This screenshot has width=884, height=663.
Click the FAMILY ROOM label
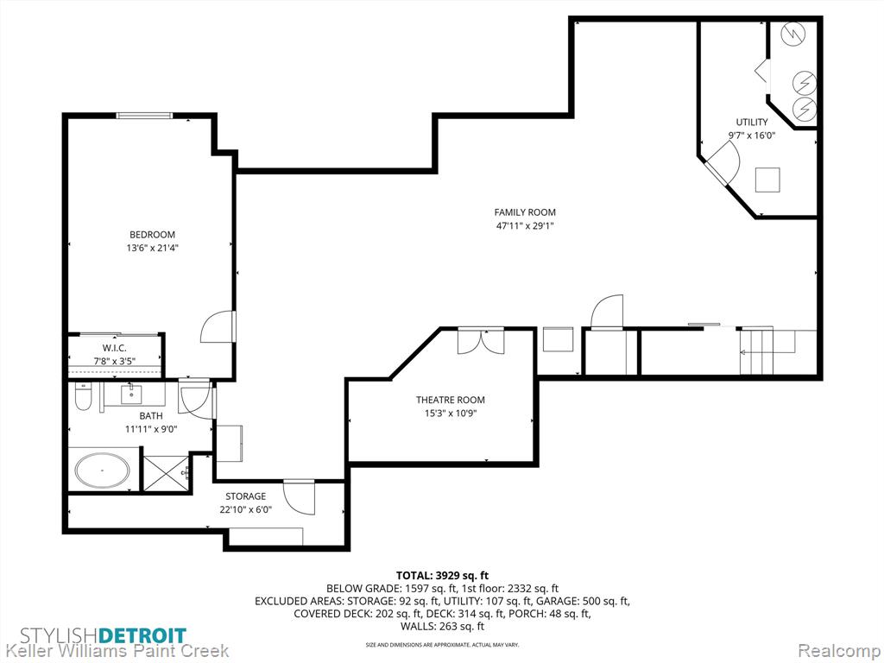pyautogui.click(x=525, y=212)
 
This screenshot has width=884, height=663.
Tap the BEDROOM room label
pyautogui.click(x=152, y=235)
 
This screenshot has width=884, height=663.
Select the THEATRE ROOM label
pyautogui.click(x=451, y=400)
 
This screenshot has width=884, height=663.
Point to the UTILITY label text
pyautogui.click(x=752, y=122)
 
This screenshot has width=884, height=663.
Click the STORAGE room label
pyautogui.click(x=245, y=496)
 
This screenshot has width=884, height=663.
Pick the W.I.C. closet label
pyautogui.click(x=115, y=348)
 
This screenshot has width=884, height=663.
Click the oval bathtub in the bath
pyautogui.click(x=103, y=470)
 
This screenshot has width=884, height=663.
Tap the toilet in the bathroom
pyautogui.click(x=82, y=397)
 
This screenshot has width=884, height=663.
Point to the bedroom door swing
pyautogui.click(x=217, y=327)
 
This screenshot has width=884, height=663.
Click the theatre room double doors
pyautogui.click(x=481, y=341)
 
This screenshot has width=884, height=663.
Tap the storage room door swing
pyautogui.click(x=299, y=497)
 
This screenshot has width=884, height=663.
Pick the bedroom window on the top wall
pyautogui.click(x=144, y=116)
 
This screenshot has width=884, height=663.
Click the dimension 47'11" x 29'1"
pyautogui.click(x=525, y=226)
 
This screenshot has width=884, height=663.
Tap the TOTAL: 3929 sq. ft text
pyautogui.click(x=442, y=576)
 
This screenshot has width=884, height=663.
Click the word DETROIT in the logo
pyautogui.click(x=142, y=635)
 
